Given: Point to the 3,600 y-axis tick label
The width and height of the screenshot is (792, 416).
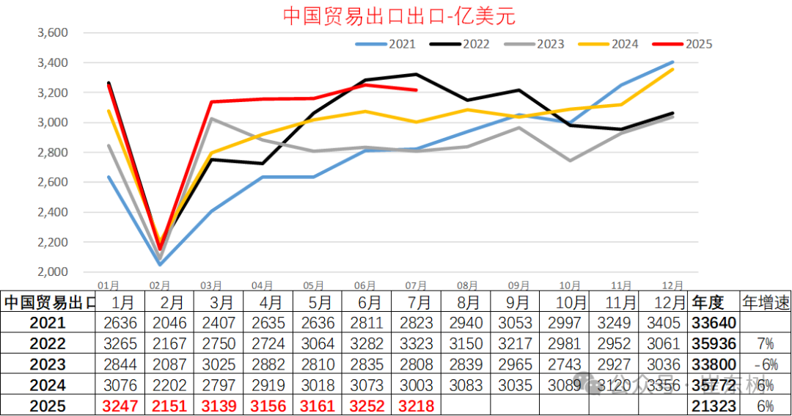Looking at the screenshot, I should [52, 33].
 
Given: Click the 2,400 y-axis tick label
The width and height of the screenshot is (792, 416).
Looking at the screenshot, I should [52, 213].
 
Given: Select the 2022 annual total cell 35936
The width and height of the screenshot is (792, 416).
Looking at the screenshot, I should [710, 343].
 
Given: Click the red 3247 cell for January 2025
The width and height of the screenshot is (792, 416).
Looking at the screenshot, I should [120, 406].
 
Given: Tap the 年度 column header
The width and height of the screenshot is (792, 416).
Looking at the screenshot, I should [708, 302].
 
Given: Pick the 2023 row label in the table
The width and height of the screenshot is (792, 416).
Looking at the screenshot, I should [48, 365].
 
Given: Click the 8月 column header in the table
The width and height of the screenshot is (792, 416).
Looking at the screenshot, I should [466, 302].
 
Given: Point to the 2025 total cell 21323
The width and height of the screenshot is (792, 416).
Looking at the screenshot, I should [710, 406].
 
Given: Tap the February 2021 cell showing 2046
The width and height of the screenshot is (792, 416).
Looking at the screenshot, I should [170, 323].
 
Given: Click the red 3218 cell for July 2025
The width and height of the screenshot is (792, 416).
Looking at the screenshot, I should [417, 406].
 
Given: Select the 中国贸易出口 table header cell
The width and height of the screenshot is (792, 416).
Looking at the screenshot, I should [48, 302].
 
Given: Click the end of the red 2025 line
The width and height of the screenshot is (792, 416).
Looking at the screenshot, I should [417, 90].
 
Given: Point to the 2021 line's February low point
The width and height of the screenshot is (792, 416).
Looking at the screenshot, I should [160, 264].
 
